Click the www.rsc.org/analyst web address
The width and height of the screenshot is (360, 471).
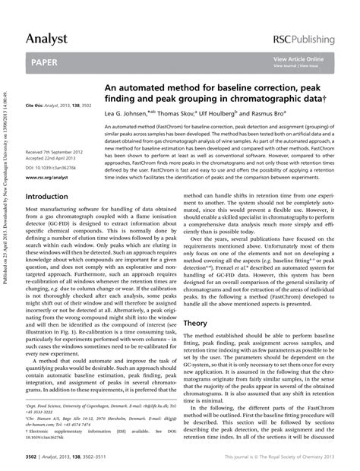tap(52, 177)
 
